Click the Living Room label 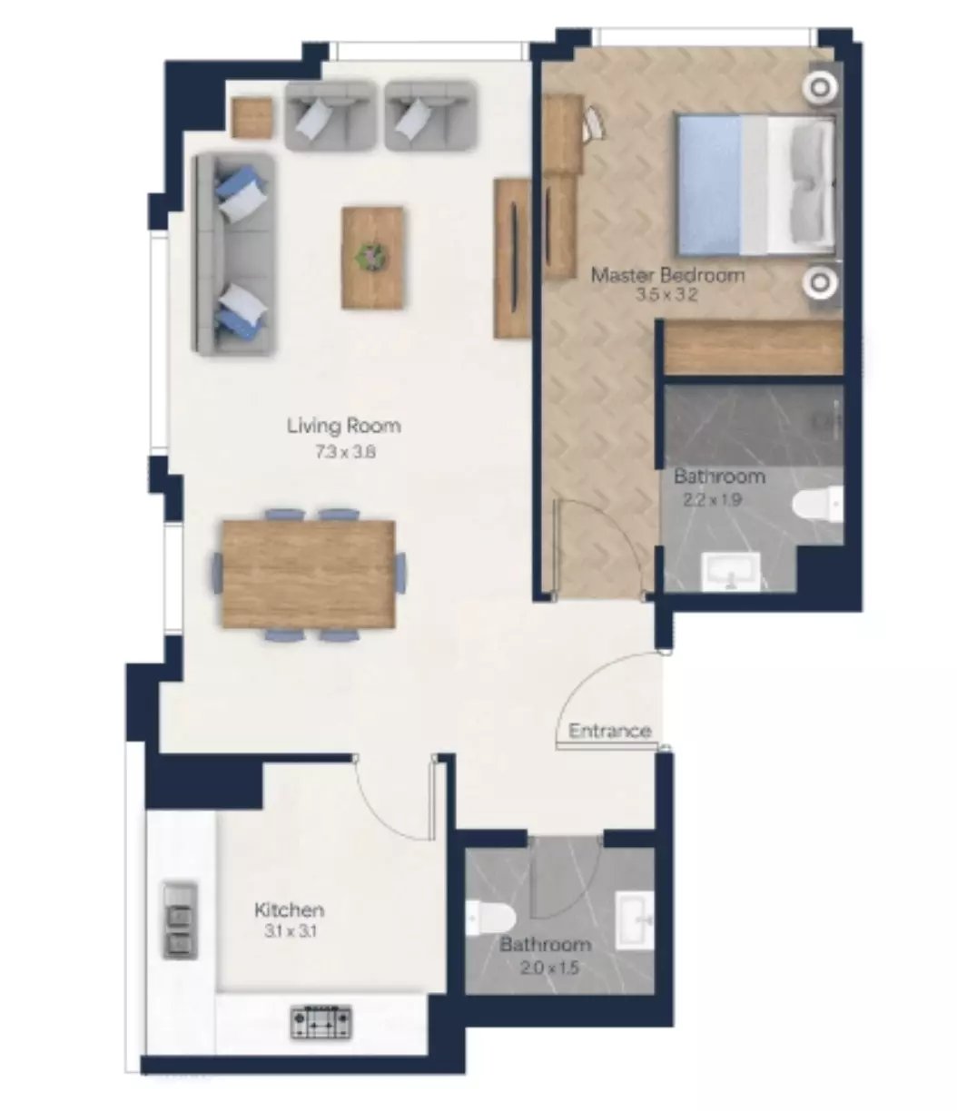[x=343, y=426]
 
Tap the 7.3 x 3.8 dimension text [x=345, y=452]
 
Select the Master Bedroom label [x=667, y=275]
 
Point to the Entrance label [x=609, y=731]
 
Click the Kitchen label [x=290, y=910]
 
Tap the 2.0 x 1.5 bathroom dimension [x=549, y=968]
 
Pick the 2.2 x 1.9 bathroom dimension [x=713, y=500]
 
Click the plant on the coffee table [x=371, y=256]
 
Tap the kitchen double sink [x=180, y=920]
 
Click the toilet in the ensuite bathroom [x=818, y=504]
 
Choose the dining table [x=309, y=574]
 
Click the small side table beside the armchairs [x=252, y=118]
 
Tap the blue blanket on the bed [x=709, y=184]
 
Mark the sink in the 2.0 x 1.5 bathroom [x=635, y=920]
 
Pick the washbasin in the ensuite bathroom [x=731, y=572]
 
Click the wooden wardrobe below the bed [x=754, y=348]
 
